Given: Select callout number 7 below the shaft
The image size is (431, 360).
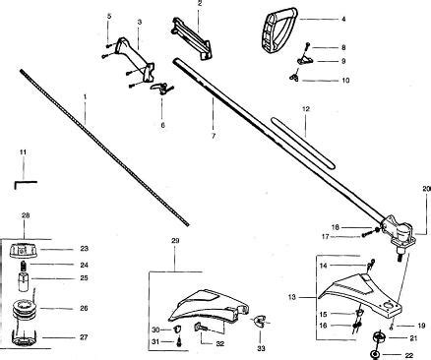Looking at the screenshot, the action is point(214,135).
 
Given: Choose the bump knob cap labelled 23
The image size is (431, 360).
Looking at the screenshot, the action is point(23,251).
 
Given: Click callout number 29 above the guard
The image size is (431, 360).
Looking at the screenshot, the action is point(175,241).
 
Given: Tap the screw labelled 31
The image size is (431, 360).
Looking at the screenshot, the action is point(179,341).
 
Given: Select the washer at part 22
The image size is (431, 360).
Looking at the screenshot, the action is point(375,355).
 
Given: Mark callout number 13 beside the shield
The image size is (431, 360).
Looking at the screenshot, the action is point(292,297).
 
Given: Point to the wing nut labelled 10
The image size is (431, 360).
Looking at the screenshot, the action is point(294,78).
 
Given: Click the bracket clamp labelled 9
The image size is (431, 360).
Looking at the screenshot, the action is point(305,60).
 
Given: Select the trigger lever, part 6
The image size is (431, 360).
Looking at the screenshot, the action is point(159,89).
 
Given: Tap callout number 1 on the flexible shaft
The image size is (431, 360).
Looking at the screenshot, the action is point(85,96).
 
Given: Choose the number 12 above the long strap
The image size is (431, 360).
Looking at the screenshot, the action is point(305,108).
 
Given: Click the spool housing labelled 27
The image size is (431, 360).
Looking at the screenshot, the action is point(24,337).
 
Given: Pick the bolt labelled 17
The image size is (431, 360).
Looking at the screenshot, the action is point(367,235).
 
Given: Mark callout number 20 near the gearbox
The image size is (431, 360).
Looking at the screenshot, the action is point(426,189).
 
